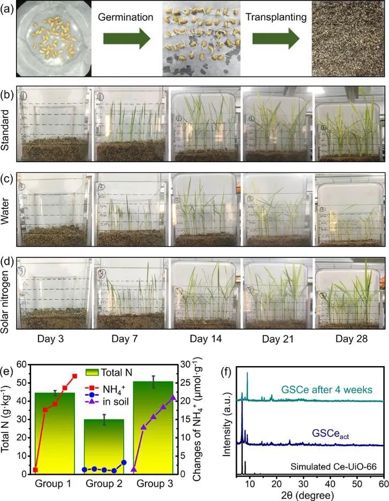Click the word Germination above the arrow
(126, 18)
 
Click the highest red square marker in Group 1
(74, 376)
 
